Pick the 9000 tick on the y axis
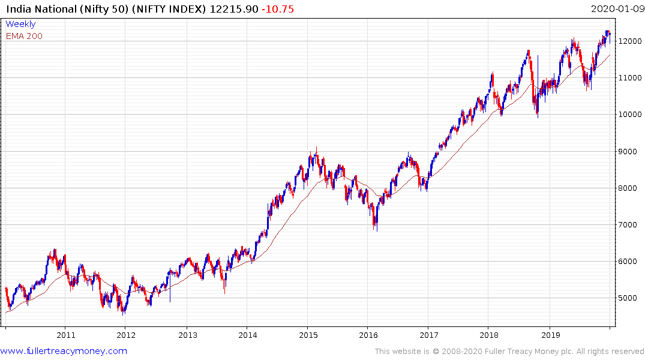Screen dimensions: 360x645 [x=628, y=151]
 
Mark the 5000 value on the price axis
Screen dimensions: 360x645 [x=628, y=298]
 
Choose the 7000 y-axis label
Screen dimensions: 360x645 [x=628, y=225]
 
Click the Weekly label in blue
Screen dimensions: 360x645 [x=20, y=24]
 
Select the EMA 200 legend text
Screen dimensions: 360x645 [x=24, y=36]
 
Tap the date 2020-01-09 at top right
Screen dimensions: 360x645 [x=616, y=8]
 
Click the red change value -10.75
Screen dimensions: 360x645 [x=278, y=8]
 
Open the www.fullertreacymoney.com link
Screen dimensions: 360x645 [x=64, y=351]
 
